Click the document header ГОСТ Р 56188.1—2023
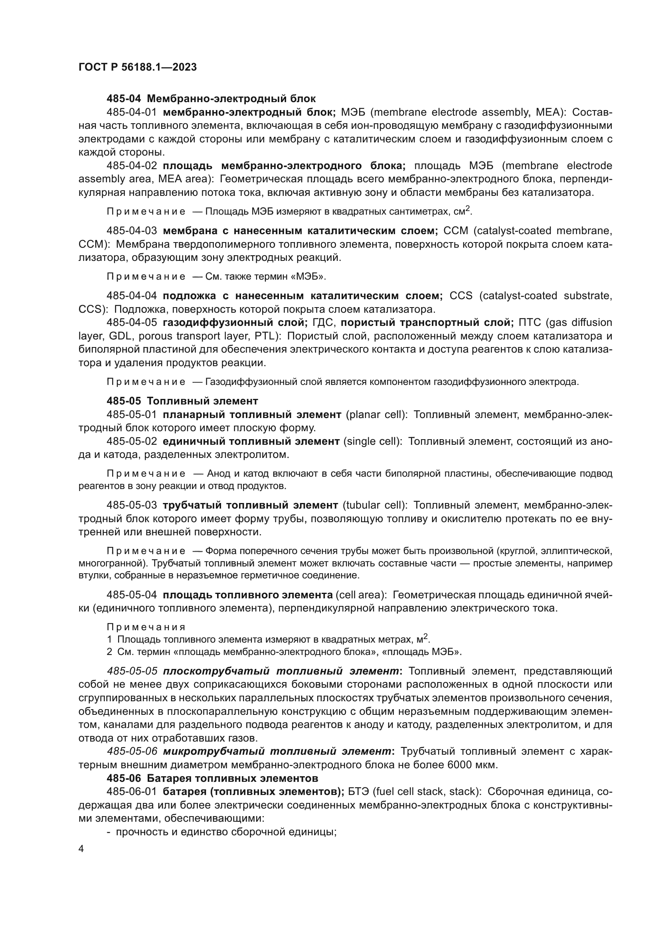137,67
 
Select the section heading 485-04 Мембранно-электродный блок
211,99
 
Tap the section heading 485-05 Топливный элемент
182,400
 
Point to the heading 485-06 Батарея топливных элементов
212,778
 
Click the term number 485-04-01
132,112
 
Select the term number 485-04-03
132,231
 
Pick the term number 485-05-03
132,505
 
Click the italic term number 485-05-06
132,752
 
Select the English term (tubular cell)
375,505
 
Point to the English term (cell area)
361,595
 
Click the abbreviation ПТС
530,323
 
